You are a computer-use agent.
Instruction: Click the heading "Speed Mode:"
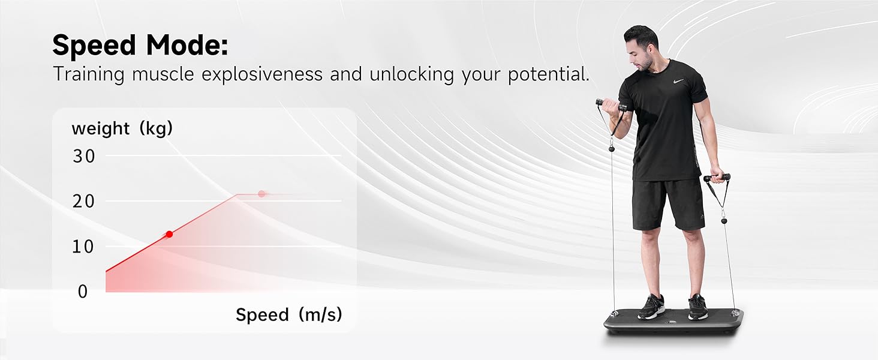click(x=140, y=45)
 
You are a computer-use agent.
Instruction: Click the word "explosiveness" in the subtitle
click(x=262, y=74)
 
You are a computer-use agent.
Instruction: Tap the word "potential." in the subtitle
click(x=549, y=74)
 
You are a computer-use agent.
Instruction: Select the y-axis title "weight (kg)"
click(x=122, y=128)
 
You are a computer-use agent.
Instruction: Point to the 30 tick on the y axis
click(x=83, y=156)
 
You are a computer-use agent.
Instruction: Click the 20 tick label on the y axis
click(x=83, y=201)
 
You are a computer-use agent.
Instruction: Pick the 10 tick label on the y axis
click(x=83, y=247)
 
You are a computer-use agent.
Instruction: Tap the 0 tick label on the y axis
click(x=83, y=292)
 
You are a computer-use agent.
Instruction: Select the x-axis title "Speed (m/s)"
click(x=289, y=314)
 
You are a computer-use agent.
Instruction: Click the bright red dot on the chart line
click(x=169, y=234)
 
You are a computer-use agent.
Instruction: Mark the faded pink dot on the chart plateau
click(x=262, y=194)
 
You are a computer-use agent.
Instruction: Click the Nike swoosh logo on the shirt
click(x=678, y=82)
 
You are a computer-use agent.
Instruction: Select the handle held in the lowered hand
click(x=717, y=178)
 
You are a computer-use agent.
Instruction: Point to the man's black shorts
click(x=668, y=204)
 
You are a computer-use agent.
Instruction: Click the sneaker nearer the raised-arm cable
click(x=651, y=307)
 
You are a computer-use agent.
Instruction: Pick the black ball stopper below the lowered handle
click(x=723, y=221)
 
